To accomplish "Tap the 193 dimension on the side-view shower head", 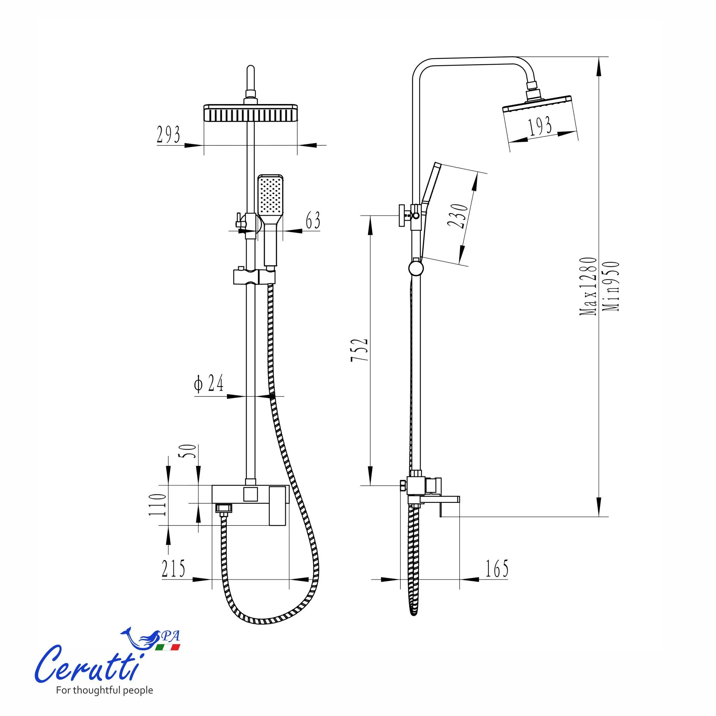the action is (x=540, y=126).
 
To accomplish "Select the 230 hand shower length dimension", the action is (x=458, y=216).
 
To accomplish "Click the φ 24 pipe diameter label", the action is (x=209, y=383).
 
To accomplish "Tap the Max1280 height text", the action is (x=588, y=286).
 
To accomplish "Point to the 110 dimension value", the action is (x=157, y=505).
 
